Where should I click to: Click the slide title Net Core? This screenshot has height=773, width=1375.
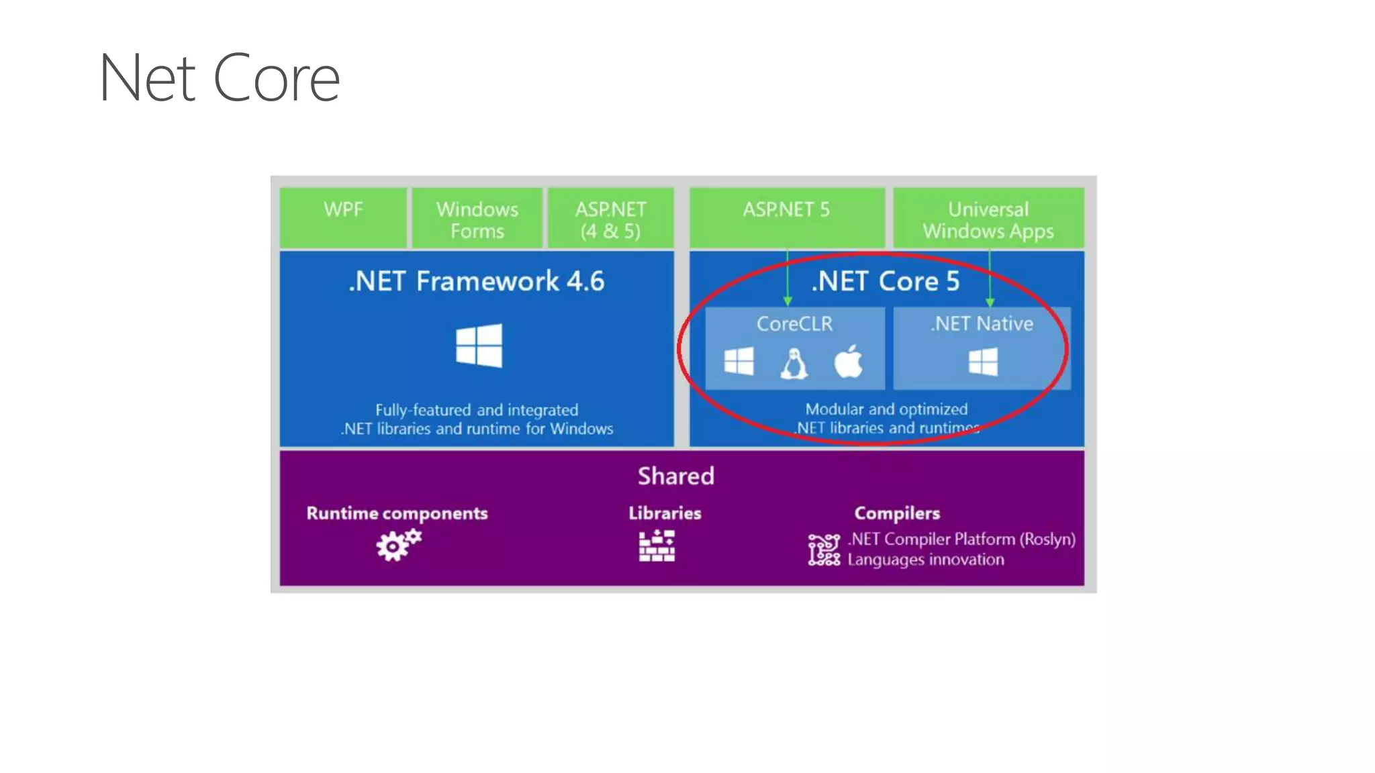(x=219, y=79)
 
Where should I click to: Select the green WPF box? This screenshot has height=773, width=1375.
(x=343, y=218)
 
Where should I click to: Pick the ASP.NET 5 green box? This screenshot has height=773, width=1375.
(x=786, y=218)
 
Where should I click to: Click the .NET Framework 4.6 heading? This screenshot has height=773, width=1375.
(x=477, y=281)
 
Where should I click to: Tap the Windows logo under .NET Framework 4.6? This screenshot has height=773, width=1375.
(x=479, y=346)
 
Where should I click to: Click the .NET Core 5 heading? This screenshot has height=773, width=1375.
(x=886, y=281)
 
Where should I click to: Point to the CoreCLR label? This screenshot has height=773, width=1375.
(x=794, y=324)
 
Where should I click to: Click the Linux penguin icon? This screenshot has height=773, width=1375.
(x=794, y=364)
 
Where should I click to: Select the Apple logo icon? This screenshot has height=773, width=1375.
(x=848, y=362)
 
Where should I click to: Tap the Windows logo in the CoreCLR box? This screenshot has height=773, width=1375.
(x=739, y=362)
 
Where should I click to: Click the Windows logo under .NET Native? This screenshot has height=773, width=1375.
(x=983, y=362)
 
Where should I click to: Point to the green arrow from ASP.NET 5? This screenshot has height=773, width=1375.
(x=788, y=278)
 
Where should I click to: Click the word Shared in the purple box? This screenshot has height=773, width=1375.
(x=676, y=476)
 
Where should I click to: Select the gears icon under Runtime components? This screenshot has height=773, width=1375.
(x=398, y=545)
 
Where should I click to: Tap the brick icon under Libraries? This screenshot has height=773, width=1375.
(x=657, y=546)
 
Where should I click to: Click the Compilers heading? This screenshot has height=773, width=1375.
(x=897, y=513)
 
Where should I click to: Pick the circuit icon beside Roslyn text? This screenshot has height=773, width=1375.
(x=824, y=550)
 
